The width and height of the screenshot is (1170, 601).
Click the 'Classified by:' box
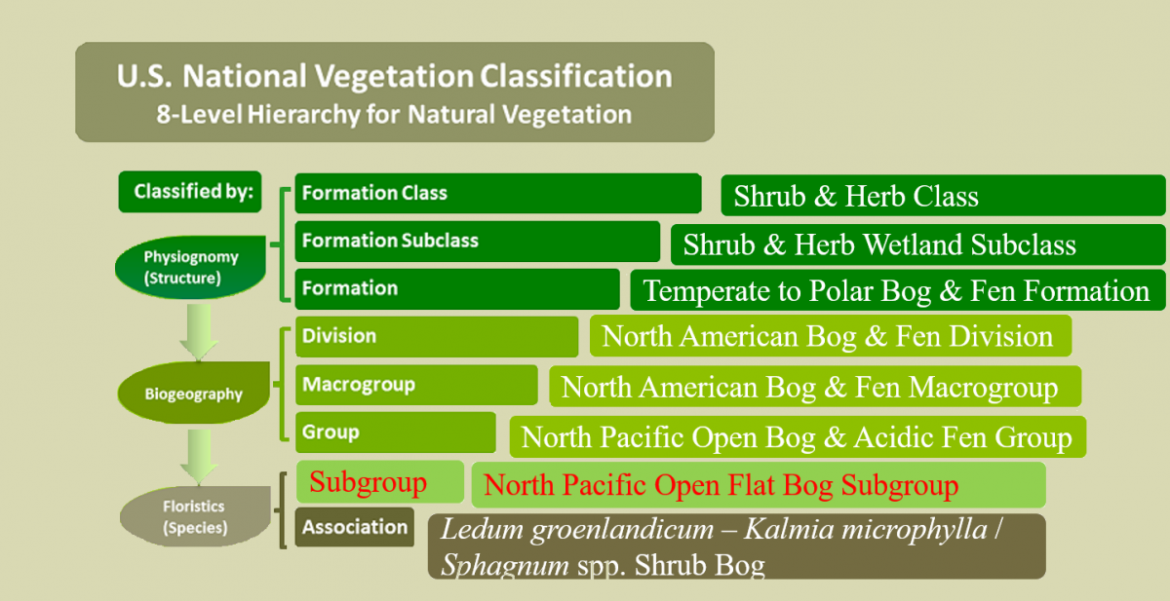190,192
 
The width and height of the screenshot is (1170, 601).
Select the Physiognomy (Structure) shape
191,267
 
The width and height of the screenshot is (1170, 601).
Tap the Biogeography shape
193,393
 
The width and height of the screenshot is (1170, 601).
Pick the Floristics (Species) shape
195,516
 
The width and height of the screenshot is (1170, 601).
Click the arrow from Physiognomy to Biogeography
199,332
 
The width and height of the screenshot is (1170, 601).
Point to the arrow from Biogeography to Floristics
199,457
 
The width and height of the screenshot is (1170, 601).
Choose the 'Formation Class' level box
498,193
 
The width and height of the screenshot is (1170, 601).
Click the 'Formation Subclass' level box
478,241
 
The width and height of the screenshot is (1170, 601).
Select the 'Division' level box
437,336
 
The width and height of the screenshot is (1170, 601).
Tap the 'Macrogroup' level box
416,385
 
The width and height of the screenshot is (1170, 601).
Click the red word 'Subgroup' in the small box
369,482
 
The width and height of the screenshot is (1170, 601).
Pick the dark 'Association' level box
355,527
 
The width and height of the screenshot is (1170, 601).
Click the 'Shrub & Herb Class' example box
943,196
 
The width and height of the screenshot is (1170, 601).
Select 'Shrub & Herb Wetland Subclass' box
917,244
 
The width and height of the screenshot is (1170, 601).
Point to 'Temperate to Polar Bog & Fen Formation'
897,290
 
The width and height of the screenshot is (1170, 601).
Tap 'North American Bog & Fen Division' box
831,336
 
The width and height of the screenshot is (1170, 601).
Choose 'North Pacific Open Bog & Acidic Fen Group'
798,437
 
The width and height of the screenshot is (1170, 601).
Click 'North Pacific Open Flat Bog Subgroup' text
721,485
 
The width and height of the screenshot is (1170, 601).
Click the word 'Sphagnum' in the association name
505,565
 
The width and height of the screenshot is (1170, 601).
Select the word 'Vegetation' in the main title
394,76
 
